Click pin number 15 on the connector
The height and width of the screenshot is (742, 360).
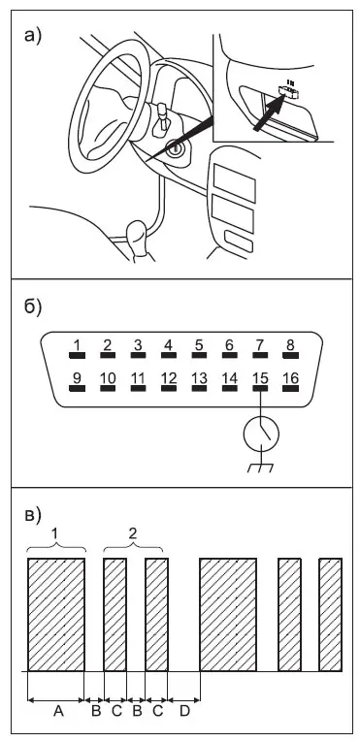[260, 388]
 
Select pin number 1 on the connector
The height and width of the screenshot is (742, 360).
[77, 354]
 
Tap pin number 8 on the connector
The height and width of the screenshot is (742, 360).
[290, 354]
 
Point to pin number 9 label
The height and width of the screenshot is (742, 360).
[76, 378]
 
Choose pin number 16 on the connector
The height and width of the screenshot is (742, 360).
[290, 388]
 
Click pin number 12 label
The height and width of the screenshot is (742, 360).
[169, 378]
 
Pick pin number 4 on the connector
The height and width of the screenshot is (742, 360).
[168, 354]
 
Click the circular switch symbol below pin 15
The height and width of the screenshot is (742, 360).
[261, 434]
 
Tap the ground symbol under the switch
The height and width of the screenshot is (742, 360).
[260, 468]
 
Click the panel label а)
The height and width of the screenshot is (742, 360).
[33, 36]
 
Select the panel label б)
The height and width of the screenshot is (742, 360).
[33, 307]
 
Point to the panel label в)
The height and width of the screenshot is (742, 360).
[33, 515]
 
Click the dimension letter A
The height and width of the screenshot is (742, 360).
[58, 710]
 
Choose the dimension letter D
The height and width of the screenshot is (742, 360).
[184, 710]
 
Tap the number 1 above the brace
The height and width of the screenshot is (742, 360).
[55, 533]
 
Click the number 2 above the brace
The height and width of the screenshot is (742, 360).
[133, 533]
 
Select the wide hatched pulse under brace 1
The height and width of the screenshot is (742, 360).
[56, 615]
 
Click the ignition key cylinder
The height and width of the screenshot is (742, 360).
[177, 149]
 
